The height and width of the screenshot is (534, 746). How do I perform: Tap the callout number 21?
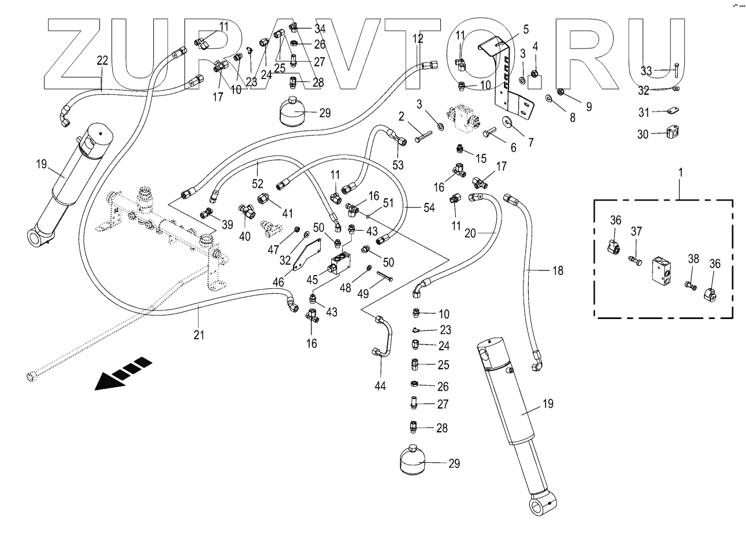click(x=199, y=335)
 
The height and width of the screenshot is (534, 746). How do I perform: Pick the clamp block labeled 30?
click(x=671, y=134)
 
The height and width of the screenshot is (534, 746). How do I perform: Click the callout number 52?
click(x=258, y=184)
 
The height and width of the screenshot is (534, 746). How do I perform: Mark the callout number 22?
click(x=102, y=60)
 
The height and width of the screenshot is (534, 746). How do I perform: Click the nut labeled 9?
click(x=560, y=91)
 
